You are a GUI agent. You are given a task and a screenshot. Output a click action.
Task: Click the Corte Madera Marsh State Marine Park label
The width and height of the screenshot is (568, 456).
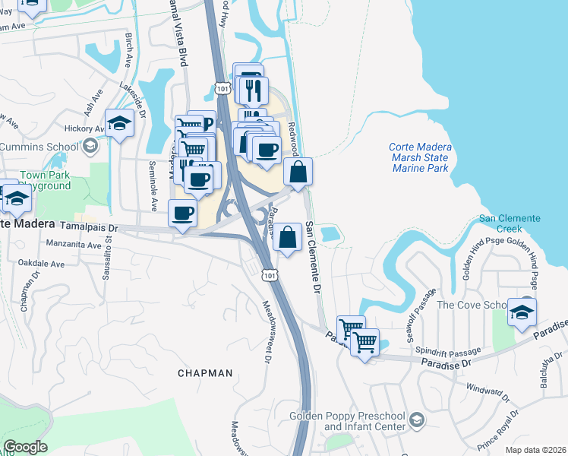coord(420,157)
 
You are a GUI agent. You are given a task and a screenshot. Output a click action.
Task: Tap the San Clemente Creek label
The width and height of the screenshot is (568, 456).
coord(509,223)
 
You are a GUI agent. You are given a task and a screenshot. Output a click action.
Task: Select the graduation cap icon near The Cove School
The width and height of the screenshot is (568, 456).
coord(522,312)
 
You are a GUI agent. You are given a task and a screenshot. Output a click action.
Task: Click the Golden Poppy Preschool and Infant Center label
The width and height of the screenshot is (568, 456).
coord(346,421)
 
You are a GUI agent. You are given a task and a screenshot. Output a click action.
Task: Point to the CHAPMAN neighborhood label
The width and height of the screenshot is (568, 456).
coord(205,373)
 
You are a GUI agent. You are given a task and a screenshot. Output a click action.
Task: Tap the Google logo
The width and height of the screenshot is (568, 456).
coord(25,447)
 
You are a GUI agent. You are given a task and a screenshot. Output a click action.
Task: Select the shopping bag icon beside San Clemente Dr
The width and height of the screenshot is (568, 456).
coord(288,238)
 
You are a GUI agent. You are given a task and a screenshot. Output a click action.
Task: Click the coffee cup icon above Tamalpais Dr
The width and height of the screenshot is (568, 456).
coord(181,214)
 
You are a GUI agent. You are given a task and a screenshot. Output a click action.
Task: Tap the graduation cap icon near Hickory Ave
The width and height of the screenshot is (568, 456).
coord(119,123)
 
